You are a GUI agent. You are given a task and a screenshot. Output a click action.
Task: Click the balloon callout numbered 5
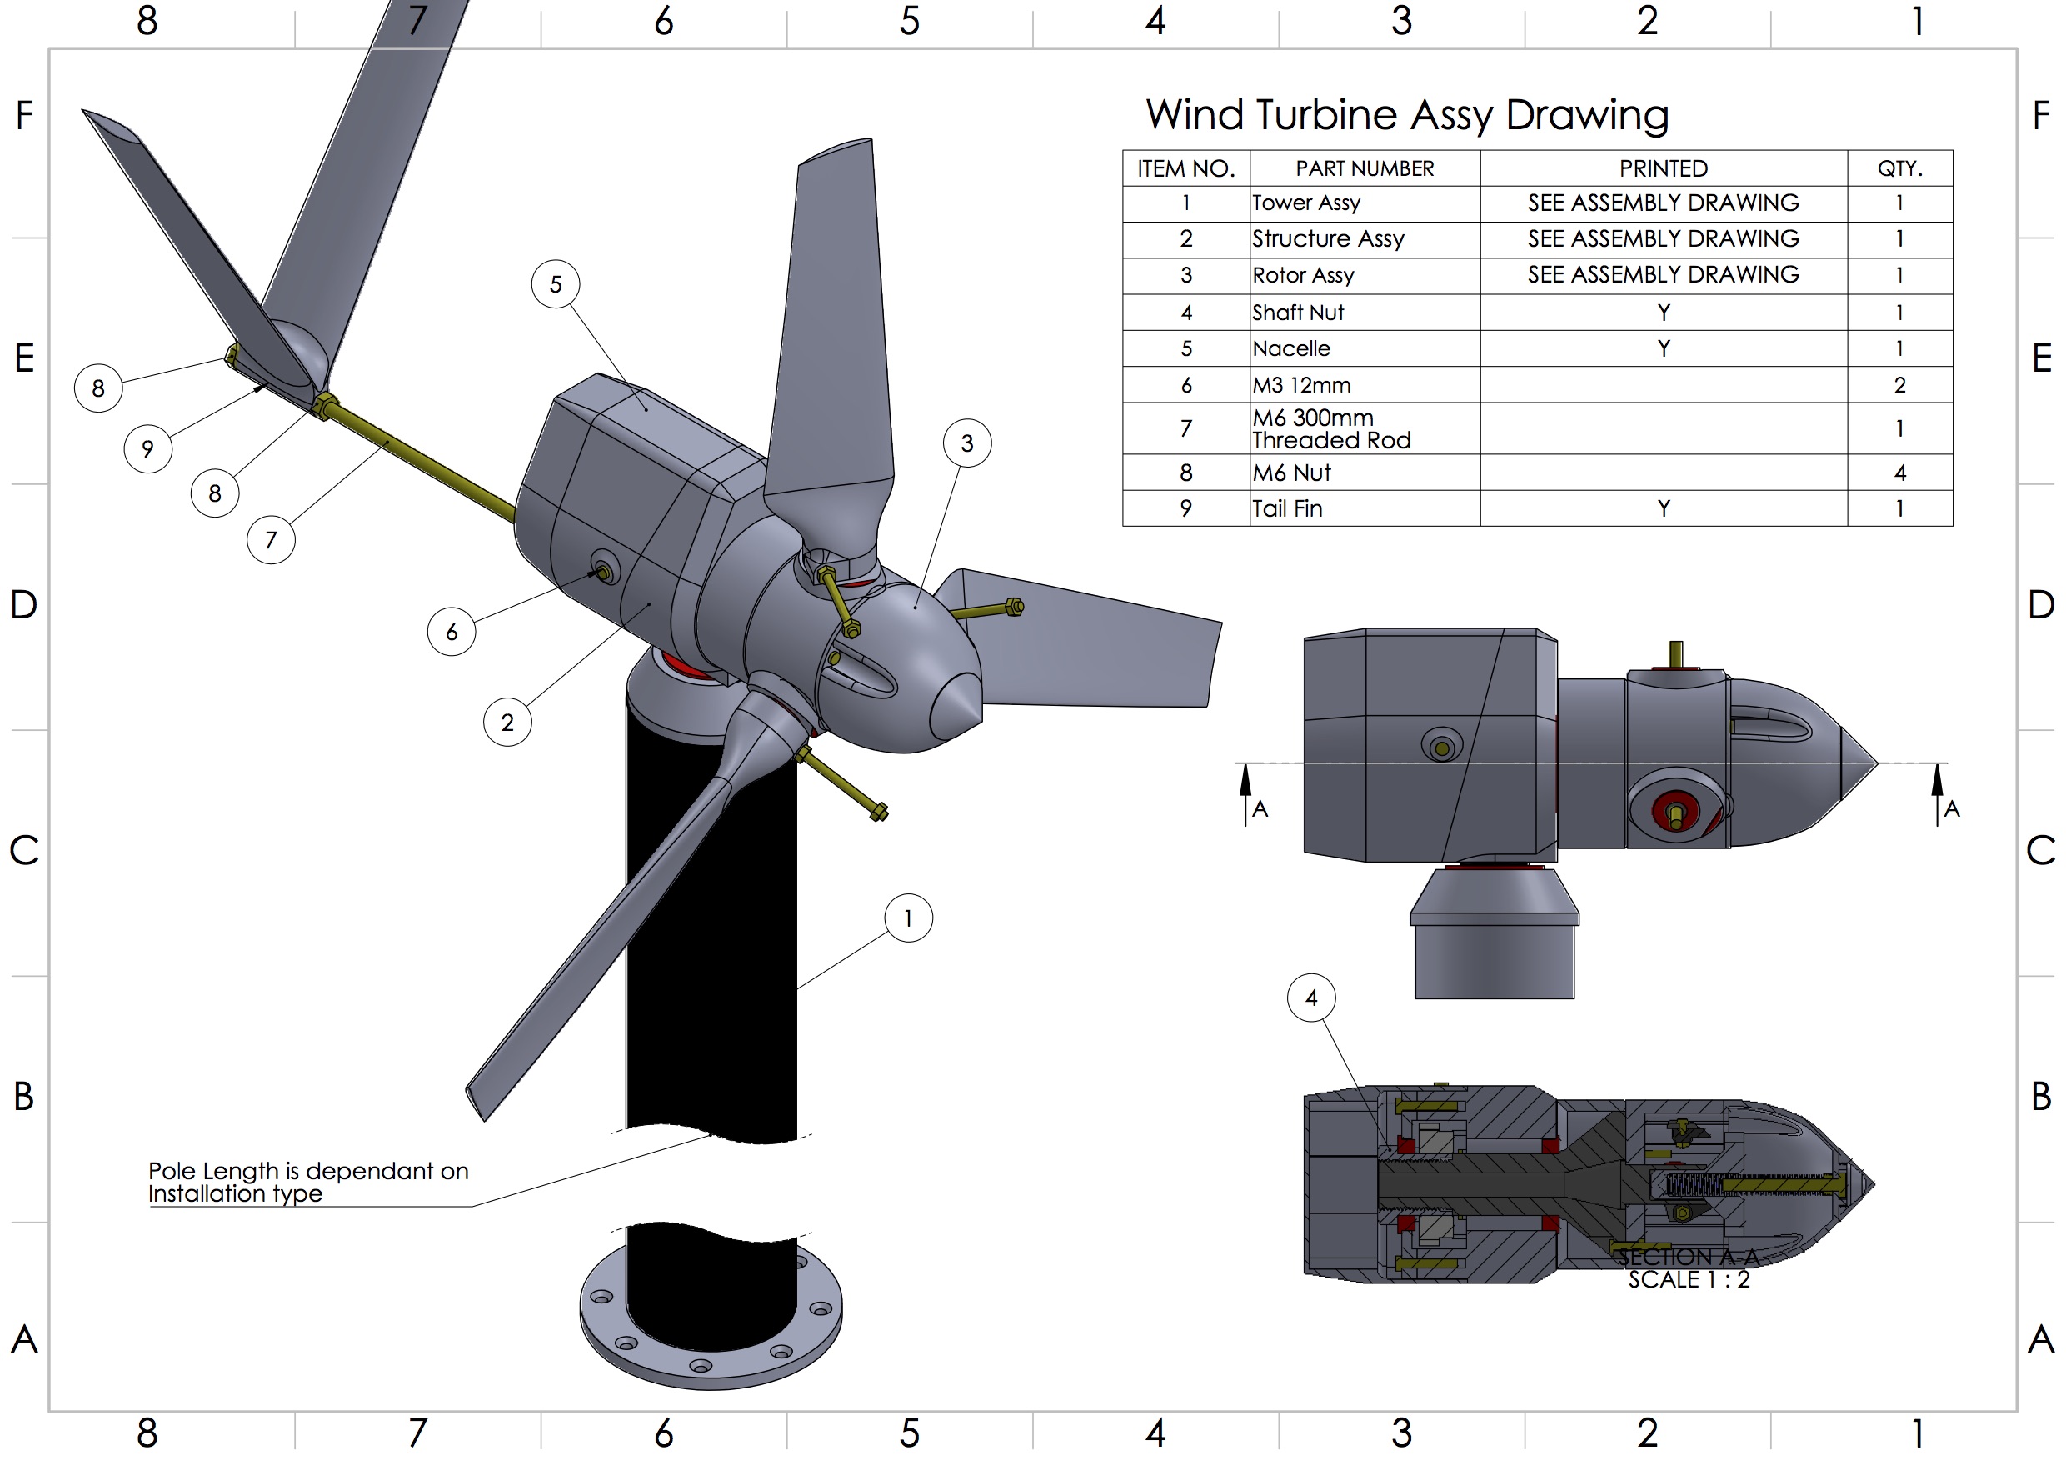555,284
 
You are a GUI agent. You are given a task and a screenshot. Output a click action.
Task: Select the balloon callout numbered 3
967,443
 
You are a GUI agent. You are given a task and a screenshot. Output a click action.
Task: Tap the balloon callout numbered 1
908,918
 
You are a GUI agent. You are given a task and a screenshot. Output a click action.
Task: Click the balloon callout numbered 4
1311,998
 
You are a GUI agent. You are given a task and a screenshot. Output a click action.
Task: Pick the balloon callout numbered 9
147,448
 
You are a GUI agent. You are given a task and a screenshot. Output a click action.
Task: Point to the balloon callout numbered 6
452,632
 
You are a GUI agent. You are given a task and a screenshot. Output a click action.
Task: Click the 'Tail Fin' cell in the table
1287,508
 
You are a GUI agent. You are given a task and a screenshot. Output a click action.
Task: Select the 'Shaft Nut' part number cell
1298,313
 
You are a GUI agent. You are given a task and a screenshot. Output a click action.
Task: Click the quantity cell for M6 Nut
1899,473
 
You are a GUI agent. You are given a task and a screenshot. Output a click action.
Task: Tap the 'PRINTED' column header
1663,168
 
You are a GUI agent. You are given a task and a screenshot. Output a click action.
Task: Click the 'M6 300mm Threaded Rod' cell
1331,428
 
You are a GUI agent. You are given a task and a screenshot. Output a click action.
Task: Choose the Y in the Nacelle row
1663,348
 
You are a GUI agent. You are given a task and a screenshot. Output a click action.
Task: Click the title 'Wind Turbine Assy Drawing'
1406,114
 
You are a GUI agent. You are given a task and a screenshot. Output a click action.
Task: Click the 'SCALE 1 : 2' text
1688,1279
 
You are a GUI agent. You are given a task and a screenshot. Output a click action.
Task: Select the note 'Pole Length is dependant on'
307,1170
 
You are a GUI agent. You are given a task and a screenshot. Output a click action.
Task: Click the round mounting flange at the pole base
711,1350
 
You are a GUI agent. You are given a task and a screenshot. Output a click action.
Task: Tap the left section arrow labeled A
1246,792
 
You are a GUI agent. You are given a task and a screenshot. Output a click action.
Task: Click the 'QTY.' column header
1899,168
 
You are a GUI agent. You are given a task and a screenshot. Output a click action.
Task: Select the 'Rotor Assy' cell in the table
1303,276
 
